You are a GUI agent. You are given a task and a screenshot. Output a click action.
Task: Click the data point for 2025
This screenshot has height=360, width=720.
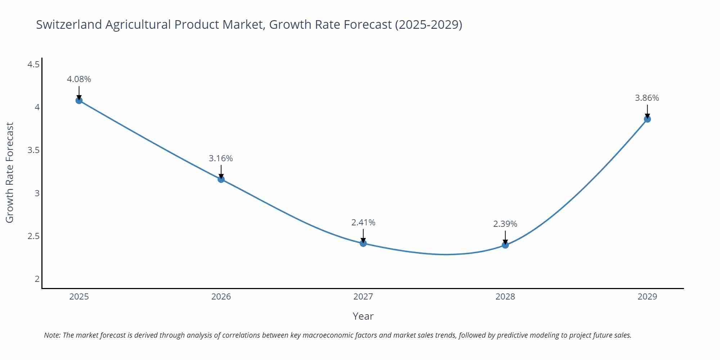(79, 100)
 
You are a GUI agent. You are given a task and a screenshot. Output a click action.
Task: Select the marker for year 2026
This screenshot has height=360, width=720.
(221, 179)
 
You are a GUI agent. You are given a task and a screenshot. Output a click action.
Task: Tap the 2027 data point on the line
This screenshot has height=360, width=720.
(363, 243)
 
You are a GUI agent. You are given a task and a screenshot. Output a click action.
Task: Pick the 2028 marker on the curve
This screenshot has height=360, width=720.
(505, 245)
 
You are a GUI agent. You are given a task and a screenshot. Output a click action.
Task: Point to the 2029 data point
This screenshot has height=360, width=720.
(647, 119)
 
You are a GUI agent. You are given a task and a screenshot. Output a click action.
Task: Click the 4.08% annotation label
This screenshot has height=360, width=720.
(79, 79)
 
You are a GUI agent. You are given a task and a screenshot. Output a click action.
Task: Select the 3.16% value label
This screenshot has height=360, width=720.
(221, 158)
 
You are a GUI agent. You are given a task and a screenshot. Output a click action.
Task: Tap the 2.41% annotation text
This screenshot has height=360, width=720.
(363, 222)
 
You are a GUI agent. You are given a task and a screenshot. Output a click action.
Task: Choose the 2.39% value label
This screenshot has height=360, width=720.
(505, 224)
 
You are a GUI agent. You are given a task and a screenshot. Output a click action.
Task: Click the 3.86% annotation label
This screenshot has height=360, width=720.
(647, 98)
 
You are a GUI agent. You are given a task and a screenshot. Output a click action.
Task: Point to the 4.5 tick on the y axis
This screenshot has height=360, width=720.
(33, 64)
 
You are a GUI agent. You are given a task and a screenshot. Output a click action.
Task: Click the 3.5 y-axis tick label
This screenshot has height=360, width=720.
(33, 150)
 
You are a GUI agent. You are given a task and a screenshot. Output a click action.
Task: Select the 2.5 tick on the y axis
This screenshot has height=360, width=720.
(33, 236)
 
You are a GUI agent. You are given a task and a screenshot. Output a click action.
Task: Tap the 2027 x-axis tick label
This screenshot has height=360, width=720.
(363, 297)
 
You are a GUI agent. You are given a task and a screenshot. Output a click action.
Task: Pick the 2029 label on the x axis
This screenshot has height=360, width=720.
(647, 297)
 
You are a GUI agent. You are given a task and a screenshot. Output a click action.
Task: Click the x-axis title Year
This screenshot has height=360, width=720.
(363, 316)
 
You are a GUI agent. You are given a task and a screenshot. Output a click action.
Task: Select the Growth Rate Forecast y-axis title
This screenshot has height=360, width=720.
(10, 172)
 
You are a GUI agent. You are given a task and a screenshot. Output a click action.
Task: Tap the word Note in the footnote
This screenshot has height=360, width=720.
(52, 335)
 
